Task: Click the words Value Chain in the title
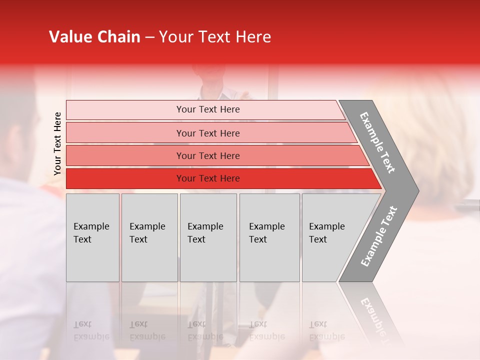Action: point(94,37)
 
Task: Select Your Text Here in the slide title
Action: point(215,37)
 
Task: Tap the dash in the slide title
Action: point(149,37)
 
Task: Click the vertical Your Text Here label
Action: point(57,143)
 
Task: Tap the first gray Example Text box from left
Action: point(92,237)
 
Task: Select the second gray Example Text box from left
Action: point(149,237)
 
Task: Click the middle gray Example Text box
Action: point(208,237)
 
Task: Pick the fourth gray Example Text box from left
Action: point(269,237)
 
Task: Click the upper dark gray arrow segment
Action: point(378,142)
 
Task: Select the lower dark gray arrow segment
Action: point(378,237)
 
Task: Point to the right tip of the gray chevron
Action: point(417,190)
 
